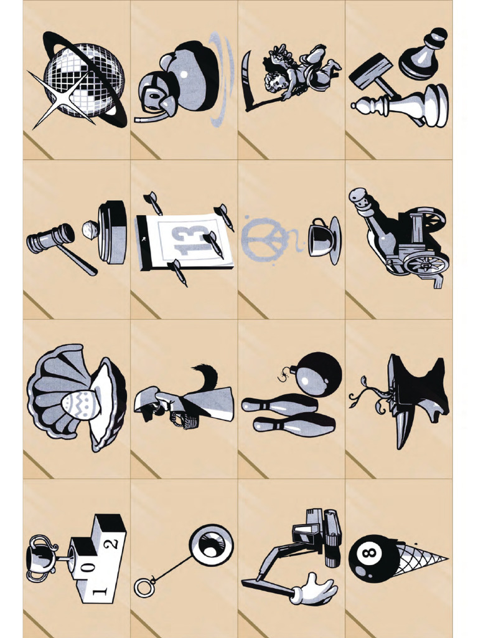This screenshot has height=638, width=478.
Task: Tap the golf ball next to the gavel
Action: tap(91, 230)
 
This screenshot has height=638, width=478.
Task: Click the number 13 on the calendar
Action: tap(186, 241)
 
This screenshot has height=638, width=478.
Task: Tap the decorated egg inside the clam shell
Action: tap(81, 404)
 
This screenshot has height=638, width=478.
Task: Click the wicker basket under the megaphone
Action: tap(184, 421)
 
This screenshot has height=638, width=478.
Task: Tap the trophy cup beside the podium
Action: tap(40, 557)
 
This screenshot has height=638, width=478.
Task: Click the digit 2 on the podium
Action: tap(113, 543)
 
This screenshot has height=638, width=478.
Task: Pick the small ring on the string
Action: tap(144, 587)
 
